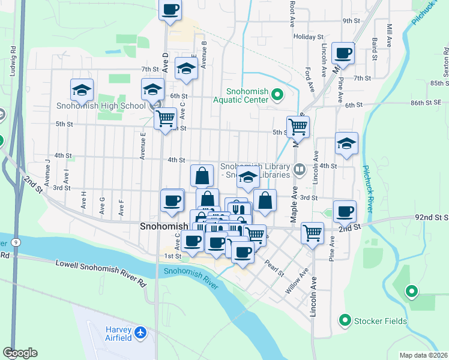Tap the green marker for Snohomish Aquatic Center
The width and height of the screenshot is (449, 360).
tap(277, 94)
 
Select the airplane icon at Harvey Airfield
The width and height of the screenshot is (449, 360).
tap(140, 332)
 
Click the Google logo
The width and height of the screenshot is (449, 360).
tap(20, 353)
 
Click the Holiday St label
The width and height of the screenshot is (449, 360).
tap(309, 37)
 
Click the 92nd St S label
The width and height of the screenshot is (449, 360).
tap(432, 217)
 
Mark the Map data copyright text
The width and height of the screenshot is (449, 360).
tap(423, 355)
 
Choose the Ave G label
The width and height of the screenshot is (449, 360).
tap(102, 205)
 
